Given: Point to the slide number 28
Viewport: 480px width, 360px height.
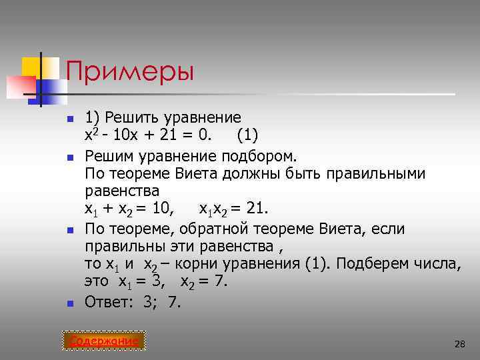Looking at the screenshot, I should (459, 344).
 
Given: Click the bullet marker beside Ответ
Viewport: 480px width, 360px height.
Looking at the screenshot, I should (69, 303).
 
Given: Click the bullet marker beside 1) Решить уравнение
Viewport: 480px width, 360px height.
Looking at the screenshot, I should (69, 120).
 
